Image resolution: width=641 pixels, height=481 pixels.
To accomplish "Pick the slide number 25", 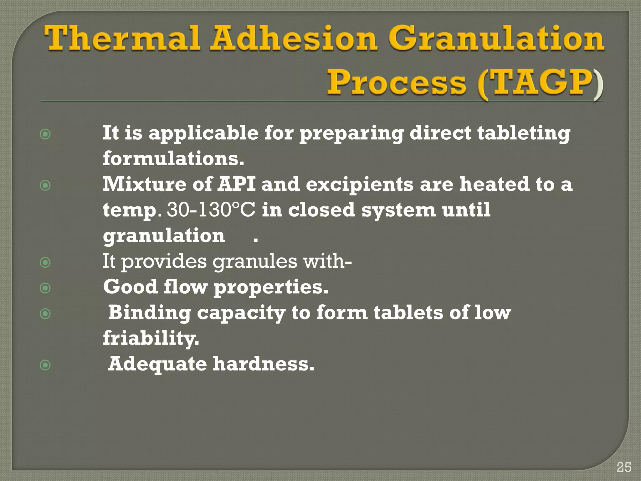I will (624, 468).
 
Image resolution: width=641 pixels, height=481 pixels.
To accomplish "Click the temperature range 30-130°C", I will (211, 210).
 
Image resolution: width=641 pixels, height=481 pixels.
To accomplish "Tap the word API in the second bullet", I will (237, 184).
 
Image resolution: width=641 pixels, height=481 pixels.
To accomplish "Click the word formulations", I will (173, 158).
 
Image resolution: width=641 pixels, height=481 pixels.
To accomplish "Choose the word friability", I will (151, 339).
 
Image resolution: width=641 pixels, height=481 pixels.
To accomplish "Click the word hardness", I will (264, 364).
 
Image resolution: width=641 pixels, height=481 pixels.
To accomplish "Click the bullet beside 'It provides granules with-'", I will (45, 262).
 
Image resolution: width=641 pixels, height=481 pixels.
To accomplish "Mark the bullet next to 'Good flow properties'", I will (45, 287).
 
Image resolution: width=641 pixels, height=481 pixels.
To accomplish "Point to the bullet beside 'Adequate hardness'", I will (45, 365).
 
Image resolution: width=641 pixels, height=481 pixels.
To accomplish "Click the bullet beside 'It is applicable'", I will (45, 134).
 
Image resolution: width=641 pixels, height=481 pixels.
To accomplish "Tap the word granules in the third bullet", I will (255, 262).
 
